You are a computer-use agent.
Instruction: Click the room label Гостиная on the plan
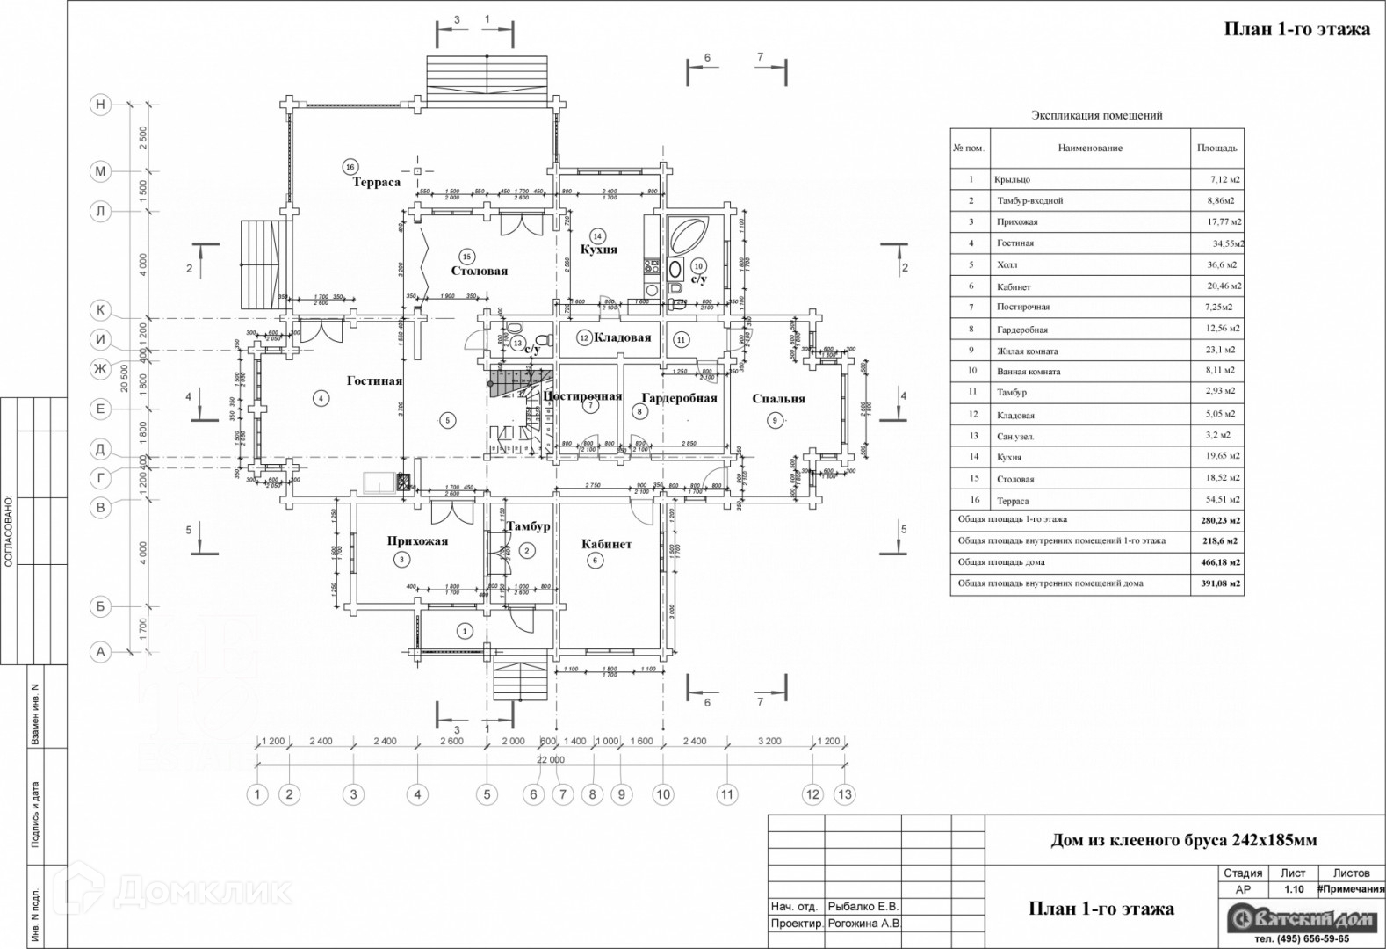tap(374, 380)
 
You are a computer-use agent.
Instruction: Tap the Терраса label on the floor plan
tap(377, 183)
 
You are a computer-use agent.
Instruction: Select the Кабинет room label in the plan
tap(606, 544)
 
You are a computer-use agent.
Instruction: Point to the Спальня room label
tap(778, 398)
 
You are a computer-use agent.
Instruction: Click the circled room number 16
tap(350, 166)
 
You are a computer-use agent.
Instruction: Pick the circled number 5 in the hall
tap(447, 421)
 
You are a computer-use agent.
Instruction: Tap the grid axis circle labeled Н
tap(101, 105)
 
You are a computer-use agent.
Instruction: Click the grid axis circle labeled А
tap(101, 652)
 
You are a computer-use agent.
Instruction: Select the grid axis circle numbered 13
tap(844, 794)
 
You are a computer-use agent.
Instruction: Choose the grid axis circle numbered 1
tap(257, 794)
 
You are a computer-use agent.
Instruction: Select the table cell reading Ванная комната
tap(1029, 371)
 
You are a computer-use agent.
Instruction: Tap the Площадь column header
tap(1216, 148)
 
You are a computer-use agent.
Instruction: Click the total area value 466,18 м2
tap(1222, 562)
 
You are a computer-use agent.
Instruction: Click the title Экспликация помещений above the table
tap(1096, 115)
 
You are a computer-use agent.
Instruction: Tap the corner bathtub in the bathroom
tap(691, 235)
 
